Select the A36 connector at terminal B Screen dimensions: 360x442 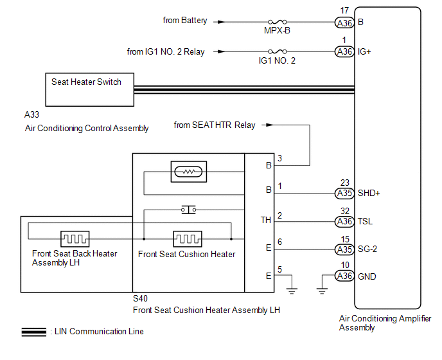[x=345, y=22]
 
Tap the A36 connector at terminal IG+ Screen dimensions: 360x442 [x=345, y=51]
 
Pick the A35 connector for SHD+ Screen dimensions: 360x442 [x=345, y=193]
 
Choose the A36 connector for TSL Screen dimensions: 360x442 [x=345, y=221]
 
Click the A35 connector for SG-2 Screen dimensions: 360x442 [x=345, y=249]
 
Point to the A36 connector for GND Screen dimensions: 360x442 [x=345, y=276]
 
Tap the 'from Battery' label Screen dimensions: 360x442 [x=185, y=21]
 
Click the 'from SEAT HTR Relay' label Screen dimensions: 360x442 [x=214, y=125]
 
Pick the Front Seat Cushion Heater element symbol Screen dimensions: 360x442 [x=187, y=239]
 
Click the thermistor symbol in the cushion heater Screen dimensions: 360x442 [x=187, y=172]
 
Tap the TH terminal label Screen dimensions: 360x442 [x=265, y=220]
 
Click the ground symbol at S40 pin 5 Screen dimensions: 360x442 [x=292, y=289]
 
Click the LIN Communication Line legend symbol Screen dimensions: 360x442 [x=34, y=332]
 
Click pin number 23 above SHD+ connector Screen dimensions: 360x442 [x=345, y=182]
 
